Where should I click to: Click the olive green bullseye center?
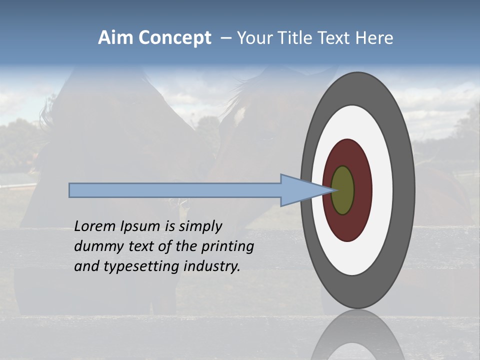pos(343,190)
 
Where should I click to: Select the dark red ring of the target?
pos(362,190)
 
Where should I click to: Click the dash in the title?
pos(226,38)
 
